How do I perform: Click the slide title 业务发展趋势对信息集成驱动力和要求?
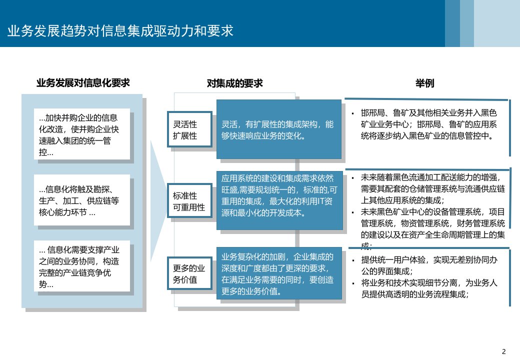(120, 31)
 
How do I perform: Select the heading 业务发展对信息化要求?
(83, 83)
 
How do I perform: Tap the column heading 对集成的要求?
(235, 83)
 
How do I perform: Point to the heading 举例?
(425, 83)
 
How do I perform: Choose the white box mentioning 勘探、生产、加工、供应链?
(82, 200)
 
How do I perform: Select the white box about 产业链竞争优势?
(82, 266)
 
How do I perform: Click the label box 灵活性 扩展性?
(189, 129)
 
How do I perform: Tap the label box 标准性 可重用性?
(189, 201)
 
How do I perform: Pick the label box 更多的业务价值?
(189, 273)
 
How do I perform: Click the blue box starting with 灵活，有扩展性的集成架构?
(279, 129)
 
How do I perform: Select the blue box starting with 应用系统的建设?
(279, 200)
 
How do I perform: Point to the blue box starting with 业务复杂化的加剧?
(279, 273)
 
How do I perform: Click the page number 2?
(504, 351)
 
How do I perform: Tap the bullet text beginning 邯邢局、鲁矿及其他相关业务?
(429, 124)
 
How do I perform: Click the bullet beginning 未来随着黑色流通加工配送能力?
(433, 189)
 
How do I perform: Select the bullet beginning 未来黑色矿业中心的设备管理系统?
(433, 228)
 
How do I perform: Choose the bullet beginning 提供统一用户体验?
(429, 265)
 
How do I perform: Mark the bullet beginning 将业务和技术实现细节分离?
(429, 288)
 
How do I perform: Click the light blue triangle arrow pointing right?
(157, 200)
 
